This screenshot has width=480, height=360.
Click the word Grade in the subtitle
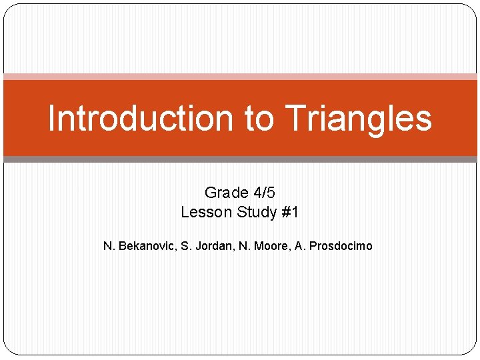[x=227, y=193]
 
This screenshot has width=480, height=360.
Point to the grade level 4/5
[x=264, y=193]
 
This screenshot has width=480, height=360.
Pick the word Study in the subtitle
[x=257, y=213]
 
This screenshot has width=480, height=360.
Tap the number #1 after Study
[x=291, y=213]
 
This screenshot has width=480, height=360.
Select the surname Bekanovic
[x=147, y=246]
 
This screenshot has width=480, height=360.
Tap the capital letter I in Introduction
[x=52, y=119]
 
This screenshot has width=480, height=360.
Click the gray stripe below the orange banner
[x=240, y=159]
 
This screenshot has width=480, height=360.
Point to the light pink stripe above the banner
[x=240, y=77]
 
